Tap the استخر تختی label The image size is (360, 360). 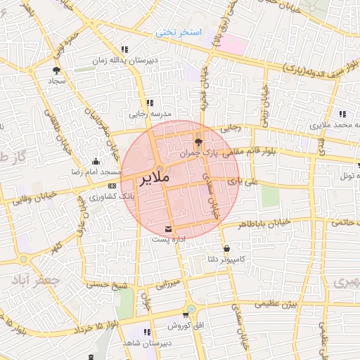point(179,33)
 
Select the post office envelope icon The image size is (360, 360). point(168,229)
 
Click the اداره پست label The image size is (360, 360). point(167,240)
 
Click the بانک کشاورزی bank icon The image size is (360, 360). point(112,185)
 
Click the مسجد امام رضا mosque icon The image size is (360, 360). point(96,161)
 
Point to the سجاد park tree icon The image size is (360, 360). point(56,70)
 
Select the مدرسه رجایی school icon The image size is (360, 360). point(149,103)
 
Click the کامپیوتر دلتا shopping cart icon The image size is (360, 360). point(226,249)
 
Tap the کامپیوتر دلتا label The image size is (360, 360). point(226,260)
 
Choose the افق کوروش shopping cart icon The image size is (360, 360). point(186,315)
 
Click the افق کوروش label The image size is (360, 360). point(185,327)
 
